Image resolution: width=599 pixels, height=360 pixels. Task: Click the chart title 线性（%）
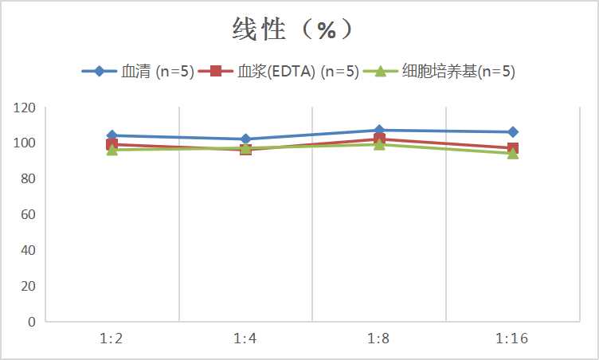(292, 30)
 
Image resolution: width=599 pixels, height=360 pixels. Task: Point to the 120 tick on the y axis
(25, 108)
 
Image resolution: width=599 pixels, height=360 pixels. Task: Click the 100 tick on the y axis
(25, 143)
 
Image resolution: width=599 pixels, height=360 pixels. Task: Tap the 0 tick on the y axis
(31, 322)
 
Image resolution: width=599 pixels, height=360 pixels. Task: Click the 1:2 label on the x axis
(112, 339)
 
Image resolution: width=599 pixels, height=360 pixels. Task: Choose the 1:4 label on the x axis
(245, 339)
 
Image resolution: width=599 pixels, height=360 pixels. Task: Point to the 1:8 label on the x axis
(378, 339)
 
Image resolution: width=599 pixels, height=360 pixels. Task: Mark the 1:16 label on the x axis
(512, 339)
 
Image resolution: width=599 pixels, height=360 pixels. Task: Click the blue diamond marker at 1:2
(112, 135)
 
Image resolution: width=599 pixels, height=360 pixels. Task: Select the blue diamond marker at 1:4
(245, 139)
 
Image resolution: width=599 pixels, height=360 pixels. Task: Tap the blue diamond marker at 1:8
(379, 130)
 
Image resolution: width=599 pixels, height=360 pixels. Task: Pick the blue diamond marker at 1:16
(513, 132)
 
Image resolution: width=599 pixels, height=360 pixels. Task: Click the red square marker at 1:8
(379, 139)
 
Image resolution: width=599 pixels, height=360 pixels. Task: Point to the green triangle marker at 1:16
(513, 153)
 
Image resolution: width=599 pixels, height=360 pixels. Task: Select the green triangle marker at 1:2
(112, 150)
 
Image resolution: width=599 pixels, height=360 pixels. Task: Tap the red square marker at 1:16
(513, 148)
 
